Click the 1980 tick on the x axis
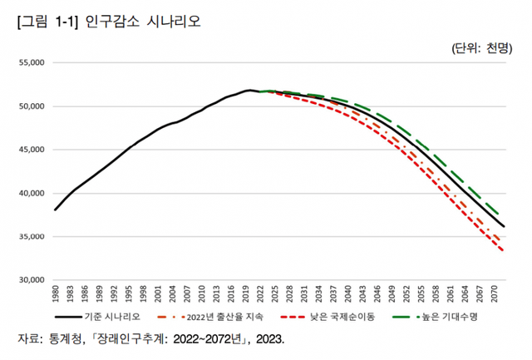coord(56,293)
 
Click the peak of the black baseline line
coord(249,90)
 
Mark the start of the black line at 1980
coord(55,210)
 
